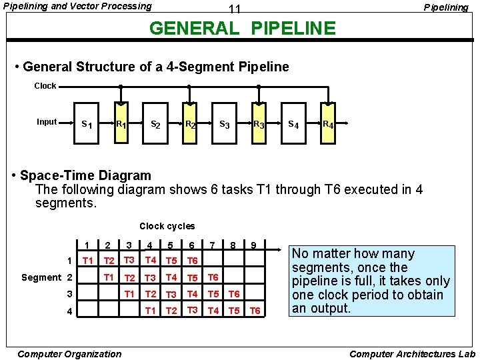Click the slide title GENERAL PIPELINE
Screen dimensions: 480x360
tap(243, 29)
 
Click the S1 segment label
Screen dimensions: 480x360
tap(86, 124)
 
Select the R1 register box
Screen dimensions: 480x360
tap(121, 124)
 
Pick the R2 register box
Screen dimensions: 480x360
tap(190, 124)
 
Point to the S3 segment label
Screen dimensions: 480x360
tap(225, 124)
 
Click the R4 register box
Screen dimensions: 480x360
tap(328, 124)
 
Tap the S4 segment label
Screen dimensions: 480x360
tap(293, 124)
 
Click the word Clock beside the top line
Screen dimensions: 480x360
tap(46, 86)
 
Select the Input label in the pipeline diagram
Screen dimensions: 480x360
tap(47, 122)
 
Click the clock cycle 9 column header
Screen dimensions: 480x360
tap(254, 246)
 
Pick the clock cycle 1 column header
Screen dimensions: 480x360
tap(87, 246)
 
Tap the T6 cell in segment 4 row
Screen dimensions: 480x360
tap(255, 311)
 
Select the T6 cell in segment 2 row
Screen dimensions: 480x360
tap(213, 277)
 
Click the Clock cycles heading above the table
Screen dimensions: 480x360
tap(167, 227)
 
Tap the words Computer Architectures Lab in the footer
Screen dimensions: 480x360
tap(412, 354)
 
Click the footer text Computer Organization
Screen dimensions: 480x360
tap(70, 354)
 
